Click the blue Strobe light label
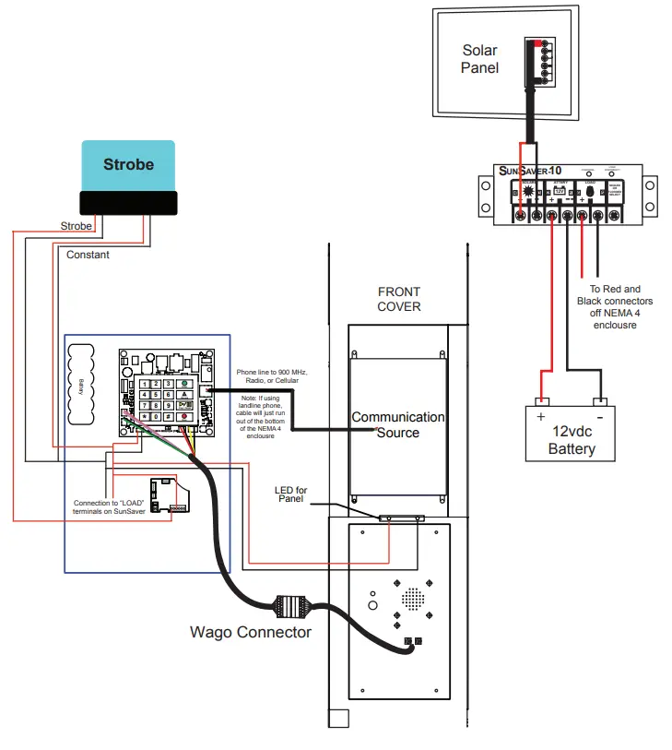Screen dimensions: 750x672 128,165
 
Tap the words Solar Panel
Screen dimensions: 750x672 480,60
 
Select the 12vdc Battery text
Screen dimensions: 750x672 572,440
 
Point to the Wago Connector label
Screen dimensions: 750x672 251,632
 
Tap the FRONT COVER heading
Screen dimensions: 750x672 398,299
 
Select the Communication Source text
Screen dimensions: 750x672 398,424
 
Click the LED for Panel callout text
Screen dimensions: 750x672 291,494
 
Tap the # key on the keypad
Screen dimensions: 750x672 171,416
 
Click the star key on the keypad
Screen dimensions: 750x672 143,416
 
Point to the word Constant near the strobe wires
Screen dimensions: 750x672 88,255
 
